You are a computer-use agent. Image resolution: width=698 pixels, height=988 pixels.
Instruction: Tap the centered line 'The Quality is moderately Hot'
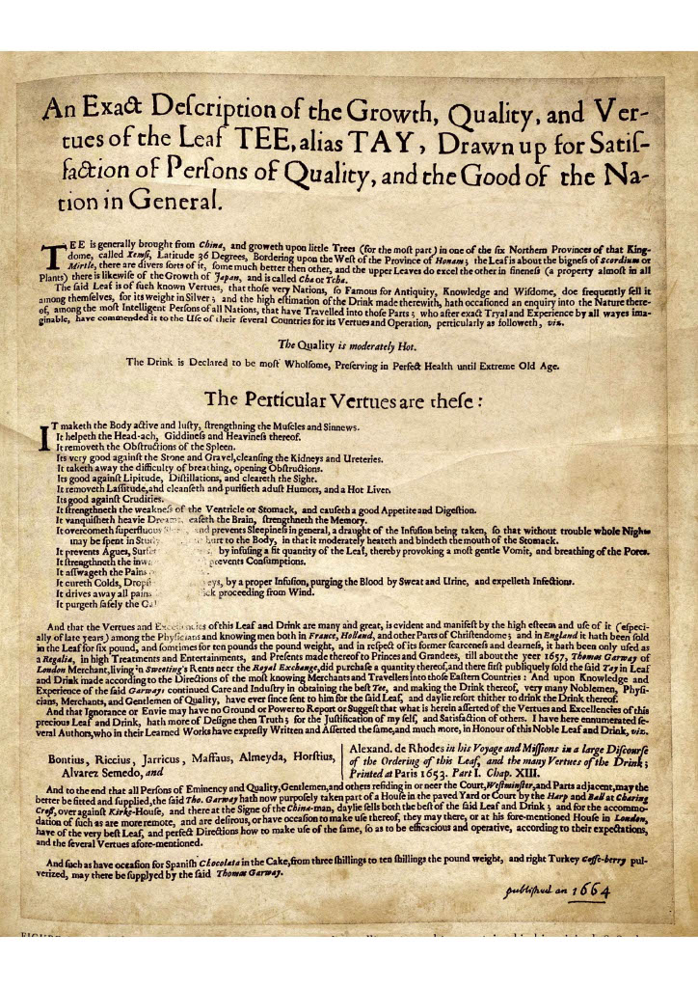(344, 344)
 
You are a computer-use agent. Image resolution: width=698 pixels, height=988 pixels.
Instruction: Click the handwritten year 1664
(591, 891)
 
